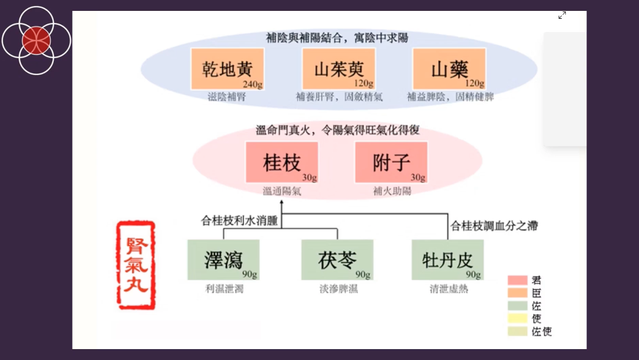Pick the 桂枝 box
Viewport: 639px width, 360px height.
[282, 162]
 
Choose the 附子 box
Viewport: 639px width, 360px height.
[391, 162]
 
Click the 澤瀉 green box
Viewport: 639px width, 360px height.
[223, 259]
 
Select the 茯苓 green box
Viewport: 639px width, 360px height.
[337, 259]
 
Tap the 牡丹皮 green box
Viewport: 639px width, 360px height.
[448, 259]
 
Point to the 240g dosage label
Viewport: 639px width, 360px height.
[251, 84]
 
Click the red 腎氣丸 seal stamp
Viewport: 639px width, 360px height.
[136, 265]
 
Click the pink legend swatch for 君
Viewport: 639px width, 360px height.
[517, 280]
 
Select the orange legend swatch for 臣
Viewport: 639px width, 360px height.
[517, 293]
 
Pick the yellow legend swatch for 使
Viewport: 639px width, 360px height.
[517, 319]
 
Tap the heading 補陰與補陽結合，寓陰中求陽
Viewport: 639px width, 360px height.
[337, 38]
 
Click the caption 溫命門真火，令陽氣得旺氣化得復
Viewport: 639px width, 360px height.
[337, 130]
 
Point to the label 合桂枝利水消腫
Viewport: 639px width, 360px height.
[239, 221]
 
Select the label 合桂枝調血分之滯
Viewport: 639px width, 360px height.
[494, 226]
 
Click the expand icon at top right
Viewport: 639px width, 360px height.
[562, 15]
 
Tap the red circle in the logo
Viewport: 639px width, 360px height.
[36, 41]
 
